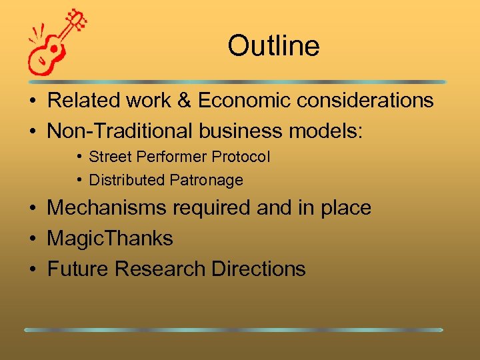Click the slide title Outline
pos(273,46)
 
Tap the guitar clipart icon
pos(57,43)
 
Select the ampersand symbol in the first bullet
pos(183,101)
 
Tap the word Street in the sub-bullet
pos(110,157)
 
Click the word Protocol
pos(241,157)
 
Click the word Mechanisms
pos(107,208)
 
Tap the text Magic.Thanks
pos(110,239)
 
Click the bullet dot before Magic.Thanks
pos(32,239)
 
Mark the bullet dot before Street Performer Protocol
pos(79,157)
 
